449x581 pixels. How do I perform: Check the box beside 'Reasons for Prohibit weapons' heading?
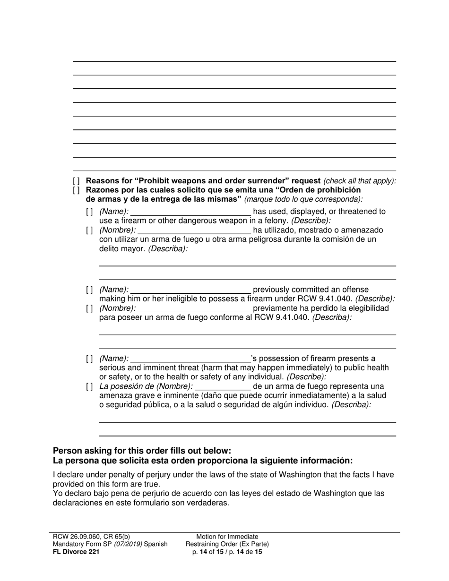pos(77,181)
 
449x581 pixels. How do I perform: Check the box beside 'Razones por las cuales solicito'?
pos(77,190)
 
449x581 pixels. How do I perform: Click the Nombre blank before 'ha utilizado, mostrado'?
pos(194,231)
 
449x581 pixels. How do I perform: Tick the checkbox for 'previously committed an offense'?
pos(90,290)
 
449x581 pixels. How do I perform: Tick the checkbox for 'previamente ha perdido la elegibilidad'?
pos(90,308)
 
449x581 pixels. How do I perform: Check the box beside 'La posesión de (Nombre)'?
pos(90,387)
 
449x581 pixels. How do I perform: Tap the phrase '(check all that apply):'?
pos(360,181)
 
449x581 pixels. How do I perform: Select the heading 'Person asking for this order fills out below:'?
pos(142,451)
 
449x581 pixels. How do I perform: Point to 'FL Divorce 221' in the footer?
pos(76,551)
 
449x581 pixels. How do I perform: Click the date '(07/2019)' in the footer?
pos(127,544)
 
